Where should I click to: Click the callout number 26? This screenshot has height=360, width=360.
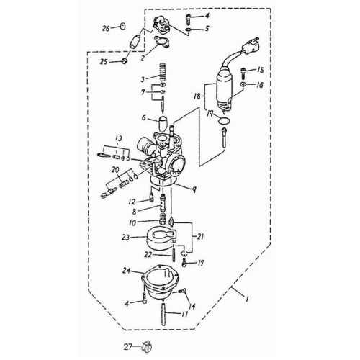tap(106, 28)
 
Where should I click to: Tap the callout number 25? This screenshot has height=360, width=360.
tap(104, 62)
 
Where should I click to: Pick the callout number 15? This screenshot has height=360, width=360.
tap(261, 70)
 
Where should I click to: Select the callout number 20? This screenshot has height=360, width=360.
tap(114, 170)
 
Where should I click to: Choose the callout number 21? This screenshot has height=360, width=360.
tap(200, 237)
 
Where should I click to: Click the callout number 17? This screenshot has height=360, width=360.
tap(202, 263)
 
